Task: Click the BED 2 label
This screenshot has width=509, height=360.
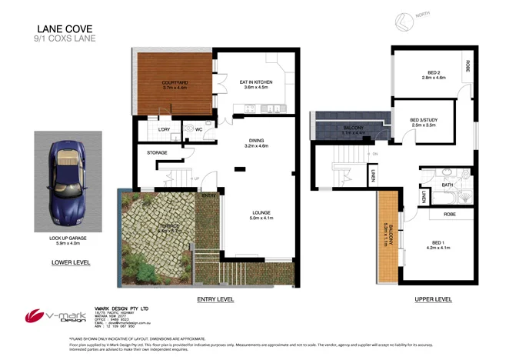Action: [434, 74]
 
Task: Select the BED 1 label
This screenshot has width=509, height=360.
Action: [437, 242]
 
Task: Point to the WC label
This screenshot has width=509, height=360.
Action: [198, 130]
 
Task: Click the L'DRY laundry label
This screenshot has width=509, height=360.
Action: [164, 130]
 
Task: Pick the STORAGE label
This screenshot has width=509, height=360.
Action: [157, 153]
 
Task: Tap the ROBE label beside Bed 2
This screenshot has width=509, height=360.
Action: [467, 66]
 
